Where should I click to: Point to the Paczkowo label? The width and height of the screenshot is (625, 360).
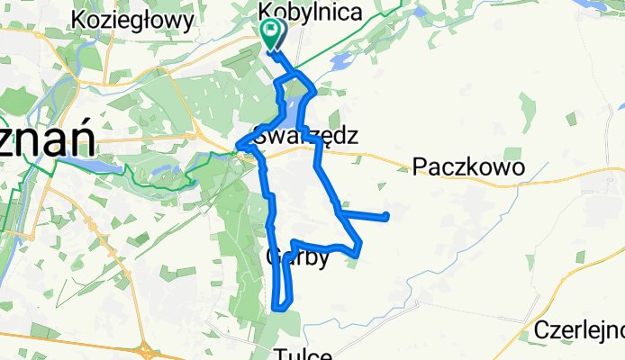pos(468,166)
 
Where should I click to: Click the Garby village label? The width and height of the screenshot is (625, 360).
pos(296,257)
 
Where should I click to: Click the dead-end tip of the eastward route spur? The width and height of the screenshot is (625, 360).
pos(386,215)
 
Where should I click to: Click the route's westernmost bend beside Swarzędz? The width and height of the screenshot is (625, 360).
pos(239,146)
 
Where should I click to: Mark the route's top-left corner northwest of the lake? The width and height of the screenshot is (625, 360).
pos(276,83)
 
